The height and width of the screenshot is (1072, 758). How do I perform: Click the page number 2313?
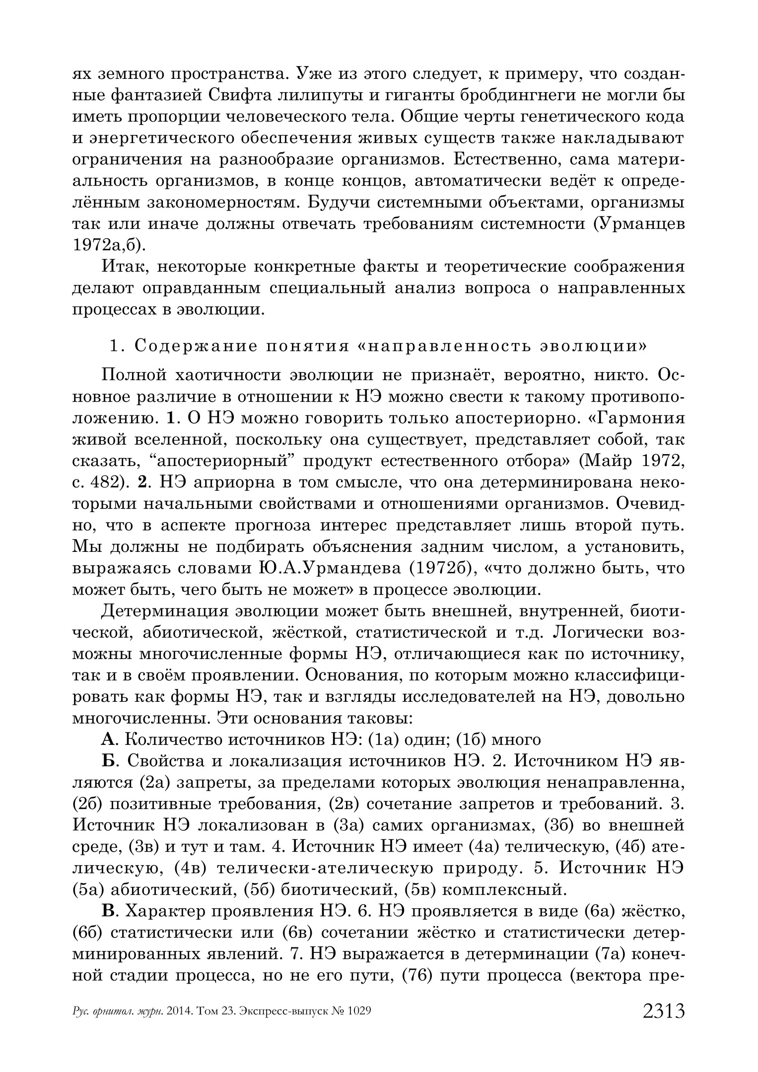tap(663, 1011)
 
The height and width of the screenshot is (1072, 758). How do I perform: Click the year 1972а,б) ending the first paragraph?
tap(106, 245)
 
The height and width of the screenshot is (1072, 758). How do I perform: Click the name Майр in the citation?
tap(607, 461)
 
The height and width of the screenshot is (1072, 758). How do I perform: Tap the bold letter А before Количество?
tap(108, 740)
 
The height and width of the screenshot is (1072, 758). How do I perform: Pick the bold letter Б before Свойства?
tap(108, 761)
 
